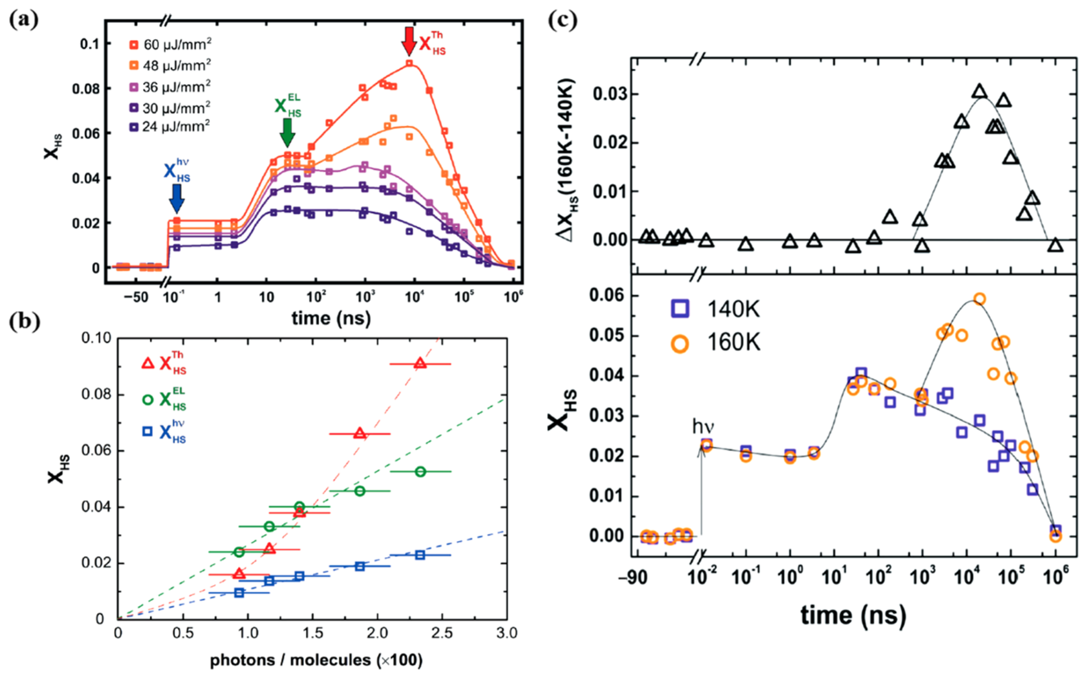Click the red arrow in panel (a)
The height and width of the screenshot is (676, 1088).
coord(408,41)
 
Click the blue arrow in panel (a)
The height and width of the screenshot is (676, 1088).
coord(177,198)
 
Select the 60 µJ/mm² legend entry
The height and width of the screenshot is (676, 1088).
coord(170,45)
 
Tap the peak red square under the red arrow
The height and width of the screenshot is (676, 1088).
coord(409,63)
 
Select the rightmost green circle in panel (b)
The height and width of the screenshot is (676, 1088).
coord(420,472)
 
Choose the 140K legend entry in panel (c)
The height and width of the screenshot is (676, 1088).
coord(715,309)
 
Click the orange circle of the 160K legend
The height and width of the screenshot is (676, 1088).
coord(680,344)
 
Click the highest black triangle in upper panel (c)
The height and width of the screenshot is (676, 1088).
coord(979,91)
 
